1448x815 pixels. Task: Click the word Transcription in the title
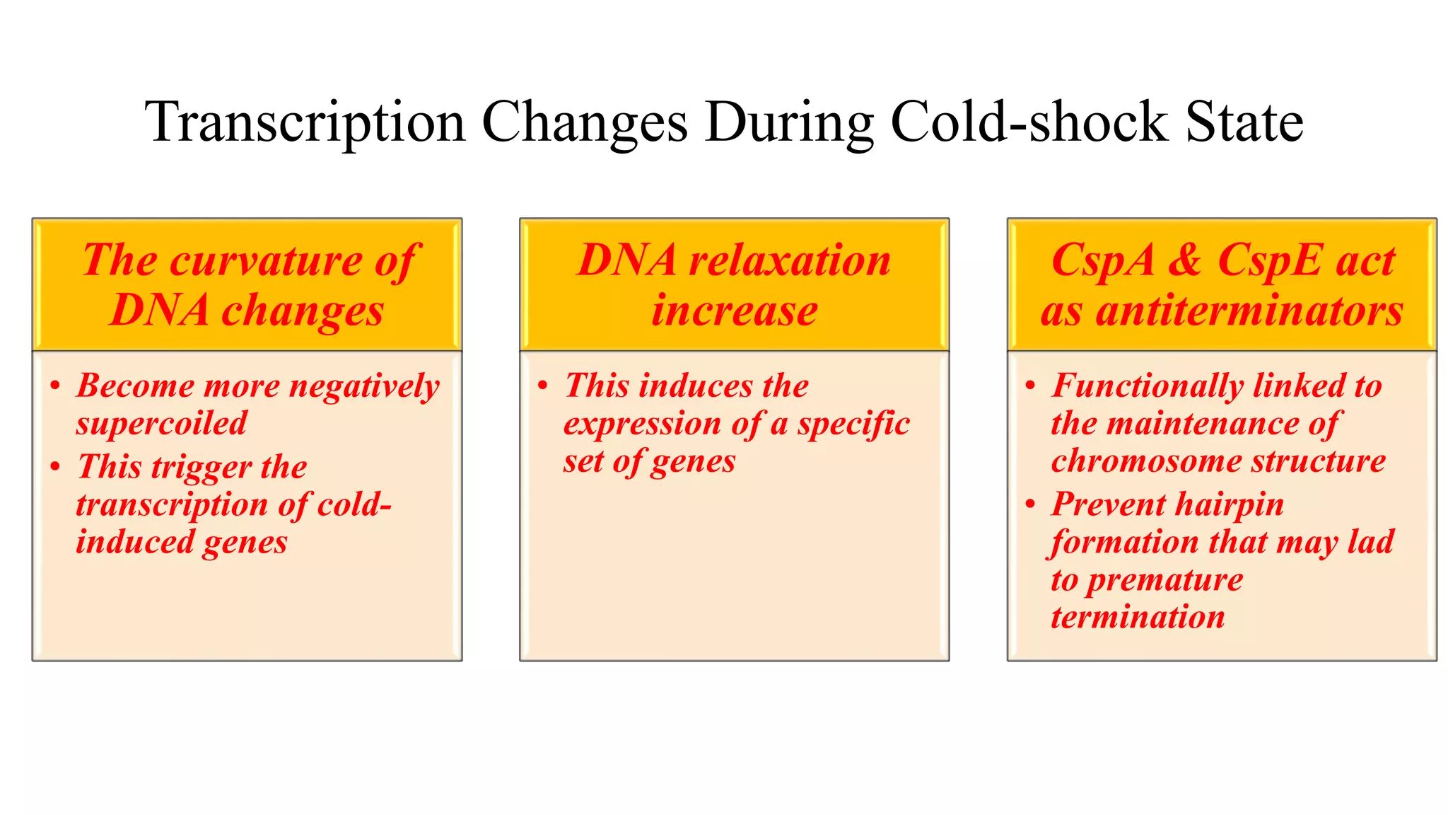coord(305,122)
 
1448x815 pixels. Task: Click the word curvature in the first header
coord(267,260)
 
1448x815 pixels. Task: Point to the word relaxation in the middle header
coord(789,260)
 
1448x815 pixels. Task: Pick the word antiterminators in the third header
coord(1249,311)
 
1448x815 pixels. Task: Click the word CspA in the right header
coord(1102,260)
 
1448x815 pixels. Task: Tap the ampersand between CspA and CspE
coord(1184,260)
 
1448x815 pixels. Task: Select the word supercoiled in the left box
coord(162,424)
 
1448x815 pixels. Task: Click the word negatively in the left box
coord(364,387)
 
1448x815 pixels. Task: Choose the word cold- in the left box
coord(354,504)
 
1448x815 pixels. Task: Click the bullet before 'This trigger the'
coord(56,467)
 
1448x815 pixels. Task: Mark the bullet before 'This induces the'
coord(542,386)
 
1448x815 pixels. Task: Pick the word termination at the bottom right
coord(1137,617)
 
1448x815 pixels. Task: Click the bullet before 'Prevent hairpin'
coord(1030,504)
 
